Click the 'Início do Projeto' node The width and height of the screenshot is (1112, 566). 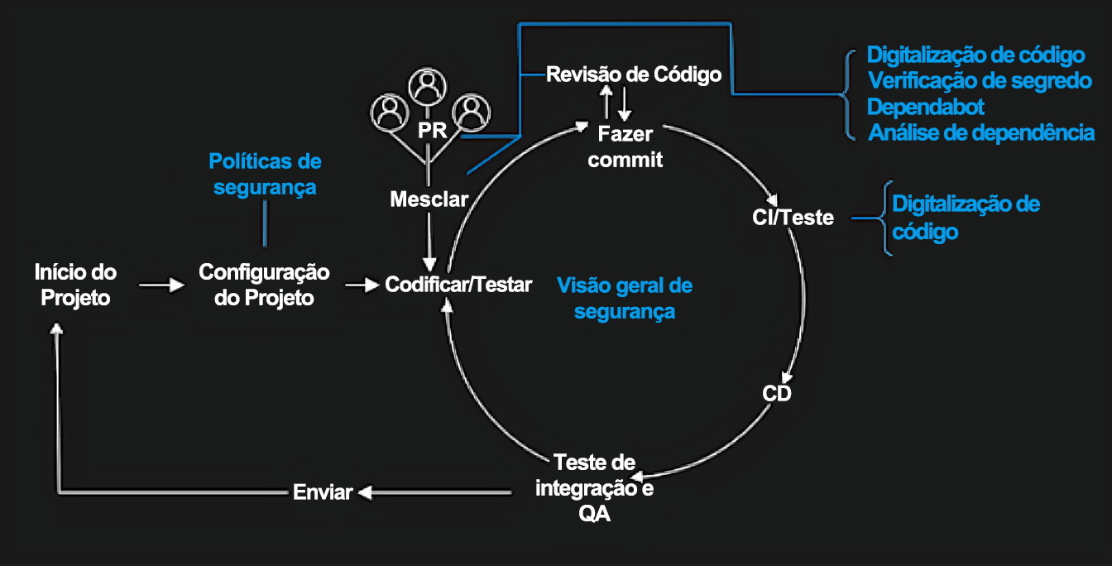[x=75, y=285]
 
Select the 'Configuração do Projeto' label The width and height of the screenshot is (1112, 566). [x=264, y=285]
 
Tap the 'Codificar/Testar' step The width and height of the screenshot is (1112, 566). [x=458, y=285]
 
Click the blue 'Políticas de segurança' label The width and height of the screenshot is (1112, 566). [x=265, y=174]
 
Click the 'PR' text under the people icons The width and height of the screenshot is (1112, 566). [x=432, y=132]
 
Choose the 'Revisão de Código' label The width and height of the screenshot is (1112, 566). [x=634, y=74]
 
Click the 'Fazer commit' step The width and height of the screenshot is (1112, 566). [x=625, y=146]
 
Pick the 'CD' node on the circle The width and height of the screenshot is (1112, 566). [x=777, y=393]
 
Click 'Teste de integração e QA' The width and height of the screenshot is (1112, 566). [x=594, y=487]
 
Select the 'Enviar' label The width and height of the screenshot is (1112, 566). [x=323, y=492]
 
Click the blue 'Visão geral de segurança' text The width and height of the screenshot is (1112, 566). [x=625, y=299]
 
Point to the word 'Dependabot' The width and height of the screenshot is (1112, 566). [x=925, y=107]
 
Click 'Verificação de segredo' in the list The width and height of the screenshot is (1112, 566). [x=980, y=81]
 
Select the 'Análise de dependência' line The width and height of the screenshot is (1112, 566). [x=981, y=132]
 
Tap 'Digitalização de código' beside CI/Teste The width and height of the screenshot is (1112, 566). [x=965, y=217]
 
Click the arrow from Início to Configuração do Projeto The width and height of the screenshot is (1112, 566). [x=161, y=285]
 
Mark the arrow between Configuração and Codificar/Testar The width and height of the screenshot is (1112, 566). [x=361, y=285]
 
